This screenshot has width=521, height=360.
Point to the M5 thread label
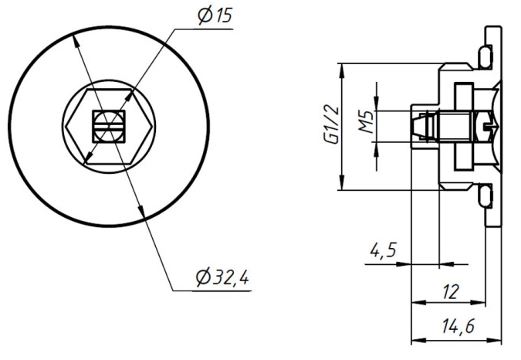(x=367, y=123)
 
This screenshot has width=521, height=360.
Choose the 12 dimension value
(x=452, y=291)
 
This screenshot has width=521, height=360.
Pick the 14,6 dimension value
(x=458, y=327)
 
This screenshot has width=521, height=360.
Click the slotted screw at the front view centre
(x=108, y=124)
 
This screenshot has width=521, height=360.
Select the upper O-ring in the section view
(x=485, y=56)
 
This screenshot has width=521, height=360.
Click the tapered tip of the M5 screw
(x=418, y=124)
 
